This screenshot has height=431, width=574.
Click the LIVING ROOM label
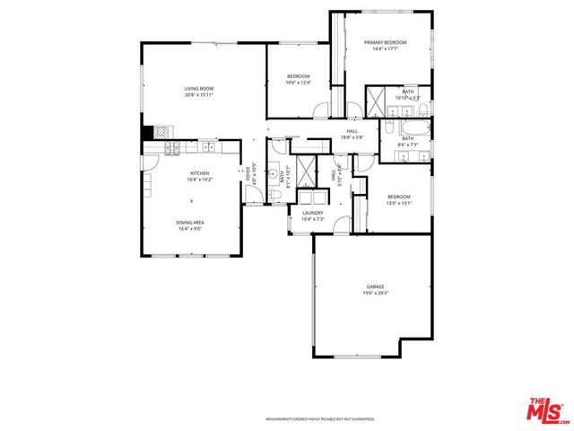coord(198,88)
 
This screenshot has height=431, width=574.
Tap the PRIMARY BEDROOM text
coord(385,42)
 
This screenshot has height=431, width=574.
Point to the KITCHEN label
coord(198,172)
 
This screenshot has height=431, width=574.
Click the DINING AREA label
coord(189,222)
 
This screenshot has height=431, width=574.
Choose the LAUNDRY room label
coord(312,213)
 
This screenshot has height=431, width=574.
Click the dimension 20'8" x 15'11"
coord(198,94)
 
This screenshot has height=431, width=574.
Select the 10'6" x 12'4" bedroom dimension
coord(298,82)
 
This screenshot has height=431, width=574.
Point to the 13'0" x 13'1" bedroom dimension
coord(398,202)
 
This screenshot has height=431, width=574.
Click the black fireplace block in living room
coord(147,132)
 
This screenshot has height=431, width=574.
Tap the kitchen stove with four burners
coord(173,146)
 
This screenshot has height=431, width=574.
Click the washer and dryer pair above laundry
coord(313,198)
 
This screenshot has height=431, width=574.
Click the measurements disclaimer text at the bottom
coord(319,419)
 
